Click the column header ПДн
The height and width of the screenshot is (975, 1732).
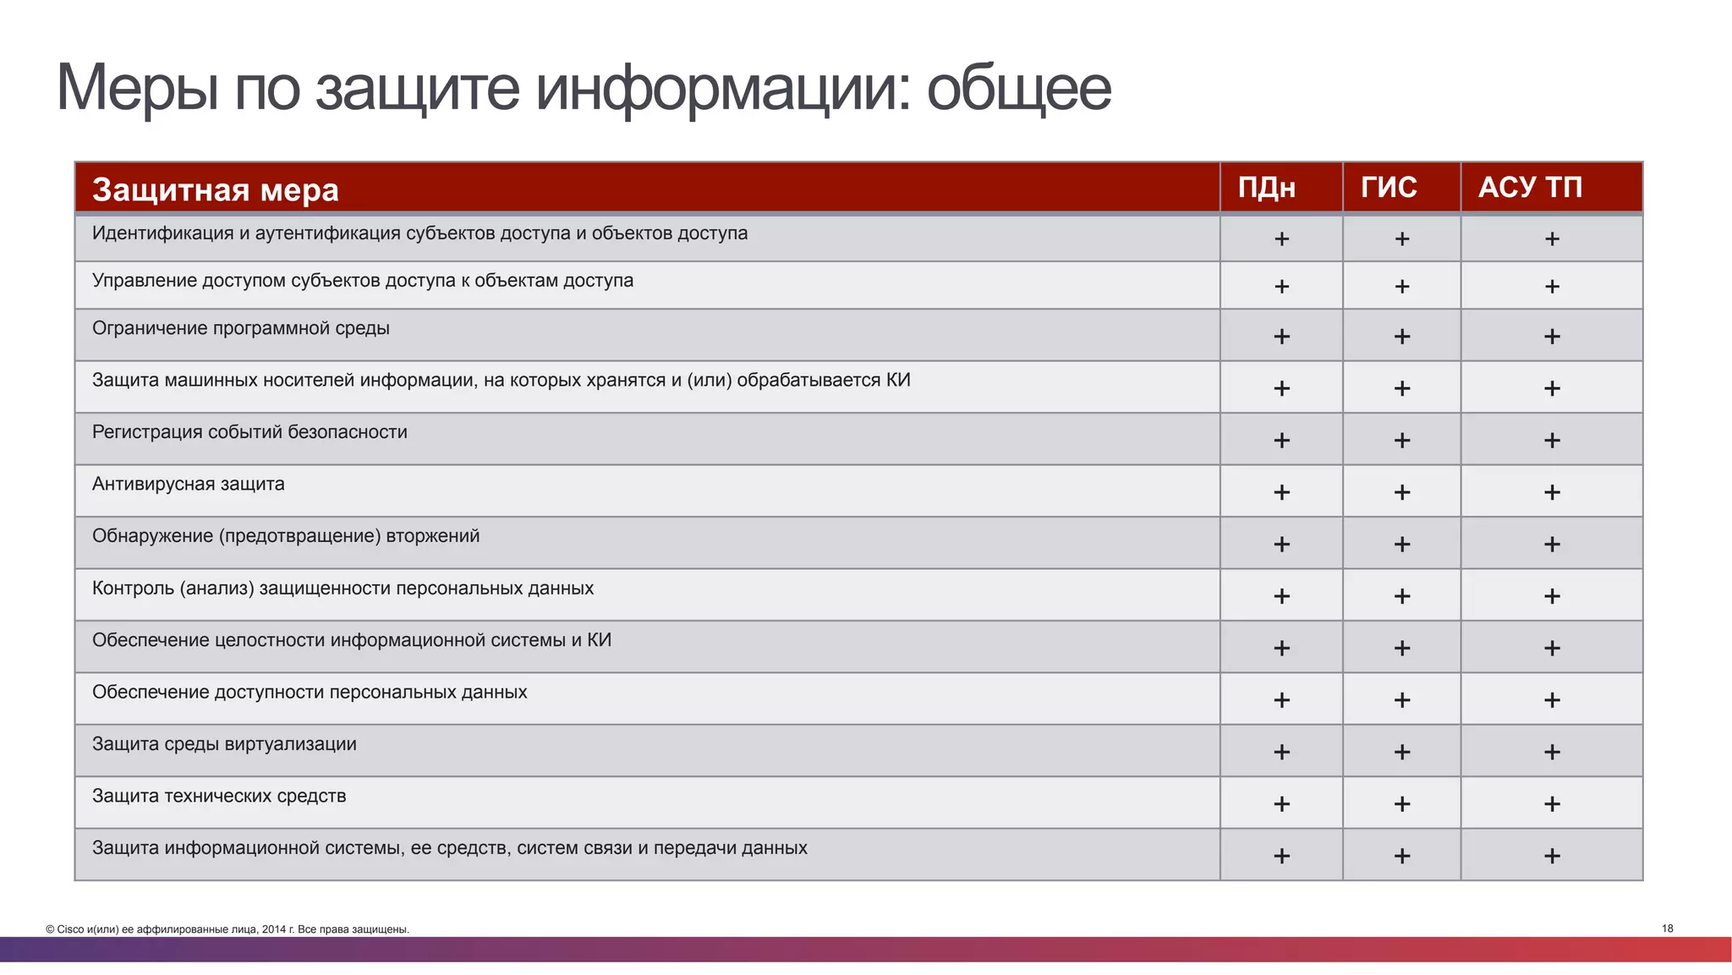point(1266,187)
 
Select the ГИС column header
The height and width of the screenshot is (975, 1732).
point(1389,187)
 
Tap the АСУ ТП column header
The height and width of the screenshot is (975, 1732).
point(1530,187)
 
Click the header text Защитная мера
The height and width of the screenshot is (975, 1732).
point(215,190)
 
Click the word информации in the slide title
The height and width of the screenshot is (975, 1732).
point(723,88)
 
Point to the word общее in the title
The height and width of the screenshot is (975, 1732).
point(1018,88)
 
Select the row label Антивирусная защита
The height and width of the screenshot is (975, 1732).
point(188,485)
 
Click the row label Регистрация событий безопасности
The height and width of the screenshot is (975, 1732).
point(249,432)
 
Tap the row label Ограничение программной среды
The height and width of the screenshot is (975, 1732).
point(240,328)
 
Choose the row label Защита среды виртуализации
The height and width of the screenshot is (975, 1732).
point(224,744)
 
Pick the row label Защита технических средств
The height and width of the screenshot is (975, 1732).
point(219,797)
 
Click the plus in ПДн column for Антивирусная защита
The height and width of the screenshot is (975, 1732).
point(1281,492)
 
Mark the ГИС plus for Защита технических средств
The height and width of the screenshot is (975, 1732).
point(1401,803)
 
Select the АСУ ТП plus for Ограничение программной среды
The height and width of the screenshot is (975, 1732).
point(1551,337)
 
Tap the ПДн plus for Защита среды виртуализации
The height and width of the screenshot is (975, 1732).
point(1281,752)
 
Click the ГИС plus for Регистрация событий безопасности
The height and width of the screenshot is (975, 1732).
point(1401,441)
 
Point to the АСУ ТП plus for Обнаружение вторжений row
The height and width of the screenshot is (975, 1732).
point(1551,545)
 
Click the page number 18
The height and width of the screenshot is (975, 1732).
point(1667,928)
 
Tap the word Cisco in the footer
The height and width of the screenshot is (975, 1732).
point(70,929)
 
